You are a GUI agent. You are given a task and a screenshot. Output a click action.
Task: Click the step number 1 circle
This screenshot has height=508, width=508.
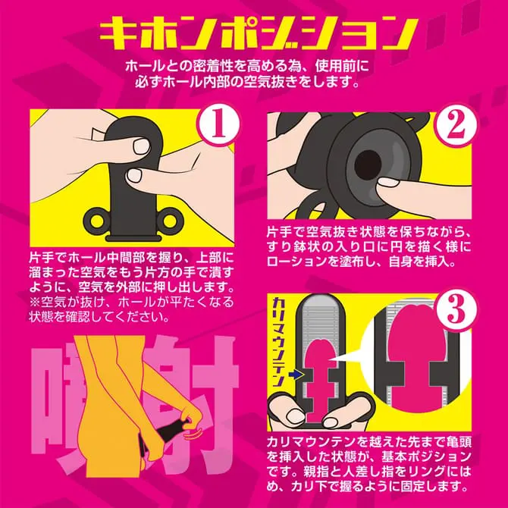218,125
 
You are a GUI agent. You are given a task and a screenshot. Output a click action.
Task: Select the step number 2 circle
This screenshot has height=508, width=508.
456,126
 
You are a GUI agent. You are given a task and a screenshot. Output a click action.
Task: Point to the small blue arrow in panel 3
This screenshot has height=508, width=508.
296,375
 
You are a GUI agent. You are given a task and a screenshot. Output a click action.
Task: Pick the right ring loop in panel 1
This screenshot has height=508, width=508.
171,221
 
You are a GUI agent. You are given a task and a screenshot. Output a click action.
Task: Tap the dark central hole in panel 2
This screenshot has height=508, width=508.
368,163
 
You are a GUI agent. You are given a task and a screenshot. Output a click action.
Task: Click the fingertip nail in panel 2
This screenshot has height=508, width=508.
388,182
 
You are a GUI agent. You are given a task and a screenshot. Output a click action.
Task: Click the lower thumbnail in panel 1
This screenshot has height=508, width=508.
134,175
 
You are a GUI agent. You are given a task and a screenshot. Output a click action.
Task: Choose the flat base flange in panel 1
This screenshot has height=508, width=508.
133,238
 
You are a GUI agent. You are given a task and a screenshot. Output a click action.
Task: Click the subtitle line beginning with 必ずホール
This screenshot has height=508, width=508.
247,82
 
